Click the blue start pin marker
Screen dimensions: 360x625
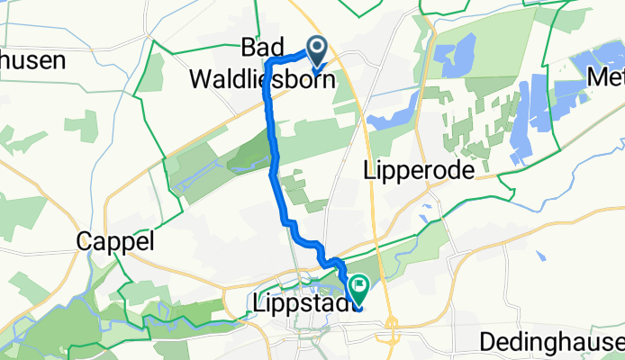click(318, 50)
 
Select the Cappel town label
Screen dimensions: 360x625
click(116, 241)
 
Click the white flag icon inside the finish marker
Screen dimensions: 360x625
click(359, 288)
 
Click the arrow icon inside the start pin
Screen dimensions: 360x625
click(318, 48)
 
